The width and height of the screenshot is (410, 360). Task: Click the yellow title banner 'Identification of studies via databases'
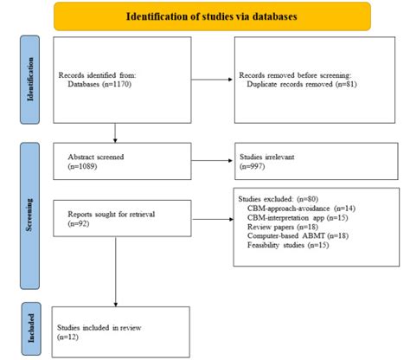(210, 16)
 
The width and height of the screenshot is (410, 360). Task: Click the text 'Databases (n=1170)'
(102, 87)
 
